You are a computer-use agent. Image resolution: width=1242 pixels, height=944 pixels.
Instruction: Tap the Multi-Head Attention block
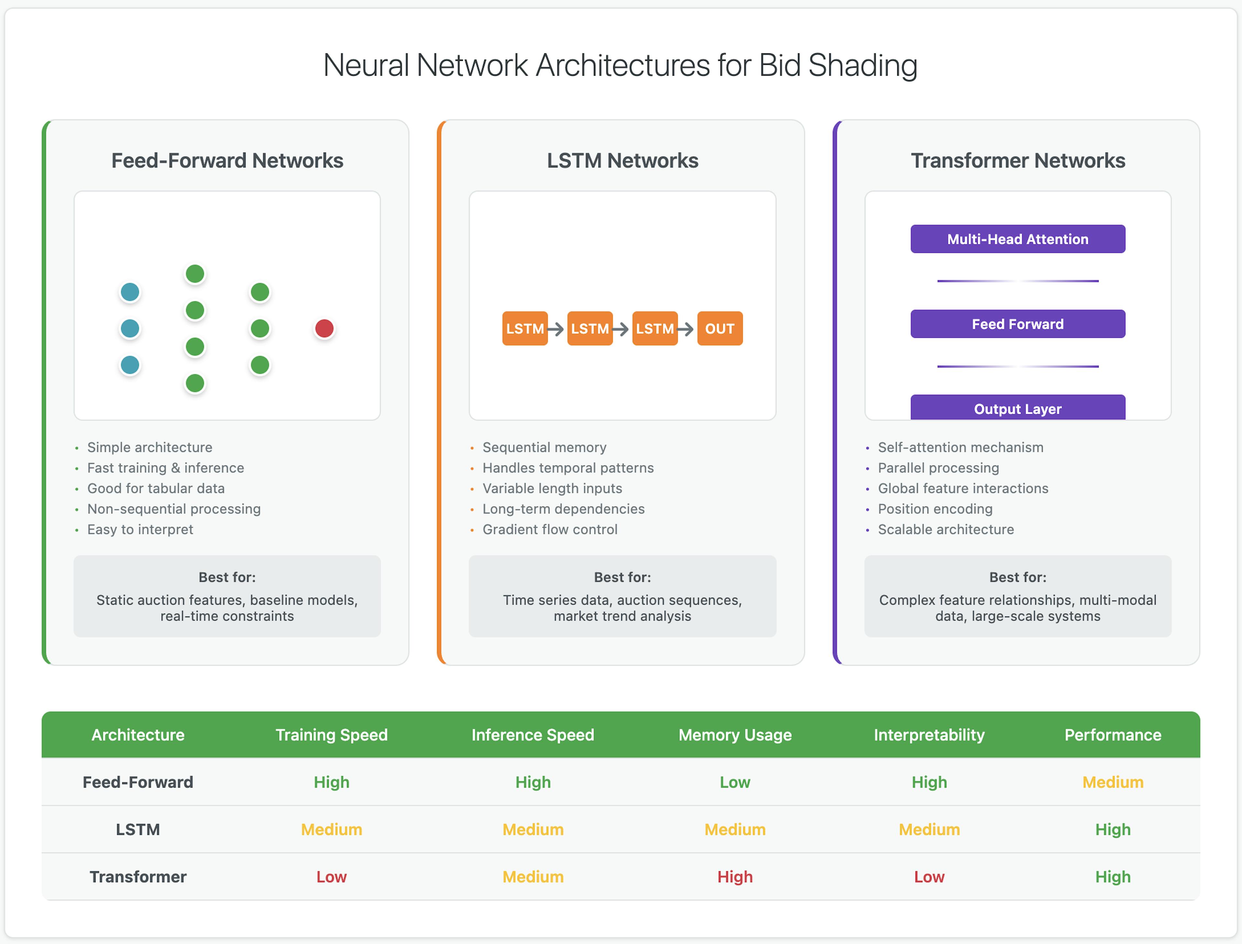pos(1018,239)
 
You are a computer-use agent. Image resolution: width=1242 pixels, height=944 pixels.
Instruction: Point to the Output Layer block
pos(1018,407)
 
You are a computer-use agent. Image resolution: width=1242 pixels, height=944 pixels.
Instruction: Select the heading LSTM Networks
pos(622,161)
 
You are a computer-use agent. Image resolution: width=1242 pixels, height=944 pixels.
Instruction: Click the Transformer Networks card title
pos(1018,161)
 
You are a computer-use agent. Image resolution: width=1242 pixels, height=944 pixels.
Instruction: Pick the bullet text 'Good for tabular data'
pos(156,488)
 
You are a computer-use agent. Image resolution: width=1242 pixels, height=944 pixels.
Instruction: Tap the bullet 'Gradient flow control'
pos(550,529)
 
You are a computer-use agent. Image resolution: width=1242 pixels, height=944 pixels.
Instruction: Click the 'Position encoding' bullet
pos(935,509)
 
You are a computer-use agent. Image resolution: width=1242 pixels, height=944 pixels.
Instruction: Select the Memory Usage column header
pos(735,735)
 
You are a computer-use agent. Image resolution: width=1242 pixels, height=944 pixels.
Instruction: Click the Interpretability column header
pos(929,735)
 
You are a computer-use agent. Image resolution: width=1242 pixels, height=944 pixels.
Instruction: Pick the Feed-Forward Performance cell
pos(1113,782)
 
